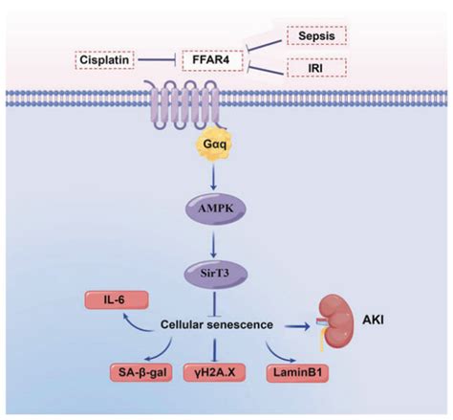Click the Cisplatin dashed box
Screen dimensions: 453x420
104,60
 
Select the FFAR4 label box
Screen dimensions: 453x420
212,60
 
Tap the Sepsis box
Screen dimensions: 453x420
316,35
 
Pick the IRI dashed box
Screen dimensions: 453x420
316,68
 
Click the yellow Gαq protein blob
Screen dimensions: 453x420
215,144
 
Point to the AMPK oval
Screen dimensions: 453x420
216,209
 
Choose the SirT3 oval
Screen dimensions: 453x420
215,274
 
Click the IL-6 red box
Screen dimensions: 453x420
117,299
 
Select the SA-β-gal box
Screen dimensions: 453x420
141,372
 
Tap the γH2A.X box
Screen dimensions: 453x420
214,372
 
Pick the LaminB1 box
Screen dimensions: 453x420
297,372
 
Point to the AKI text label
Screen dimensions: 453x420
373,320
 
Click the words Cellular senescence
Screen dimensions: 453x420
217,324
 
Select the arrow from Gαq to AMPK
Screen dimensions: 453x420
214,176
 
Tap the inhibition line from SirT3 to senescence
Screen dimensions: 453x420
214,304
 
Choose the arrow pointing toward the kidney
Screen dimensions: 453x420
297,326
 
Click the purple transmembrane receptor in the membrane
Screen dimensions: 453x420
185,104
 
